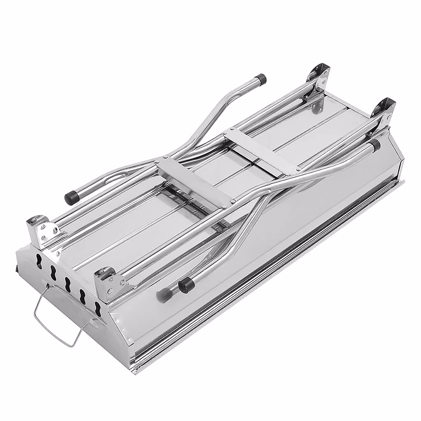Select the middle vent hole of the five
[x=68, y=282]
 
